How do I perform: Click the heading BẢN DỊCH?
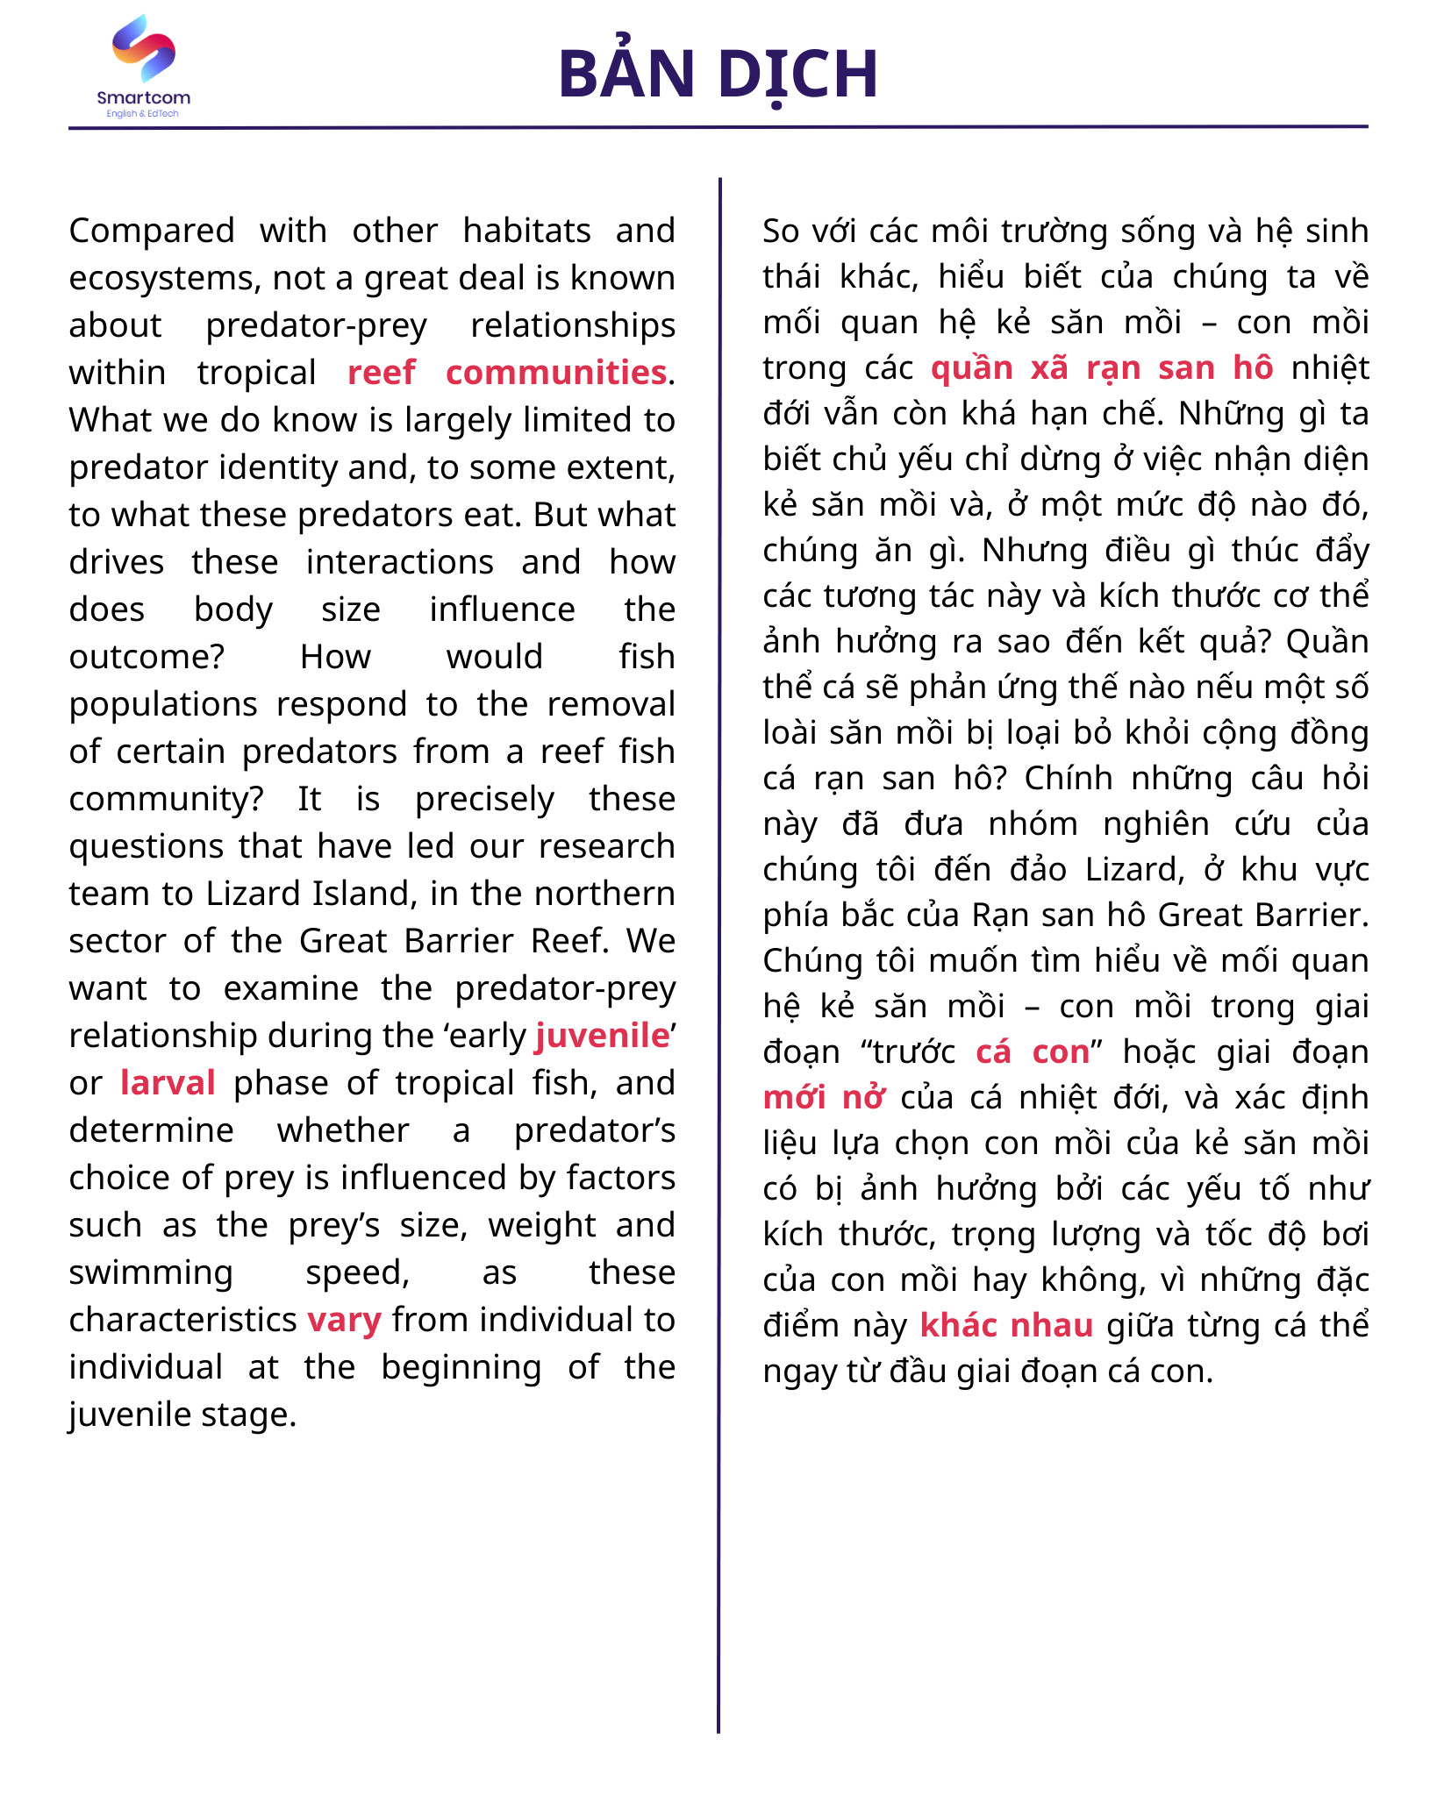tap(718, 74)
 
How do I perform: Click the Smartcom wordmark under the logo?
tap(144, 97)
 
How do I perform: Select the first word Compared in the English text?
tap(152, 231)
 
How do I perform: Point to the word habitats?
tap(526, 231)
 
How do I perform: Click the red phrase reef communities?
tap(507, 373)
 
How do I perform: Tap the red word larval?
tap(168, 1083)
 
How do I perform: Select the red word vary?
tap(345, 1320)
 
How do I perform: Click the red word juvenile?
tap(603, 1036)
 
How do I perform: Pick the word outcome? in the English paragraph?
tap(147, 657)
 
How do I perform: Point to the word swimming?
tap(151, 1272)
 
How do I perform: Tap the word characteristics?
tap(183, 1320)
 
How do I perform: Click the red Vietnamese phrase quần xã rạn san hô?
tap(1102, 367)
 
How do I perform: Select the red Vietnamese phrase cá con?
tap(1033, 1051)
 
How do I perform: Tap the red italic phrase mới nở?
tap(824, 1097)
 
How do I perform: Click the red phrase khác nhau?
tap(1006, 1325)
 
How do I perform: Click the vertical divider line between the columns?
tap(719, 965)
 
